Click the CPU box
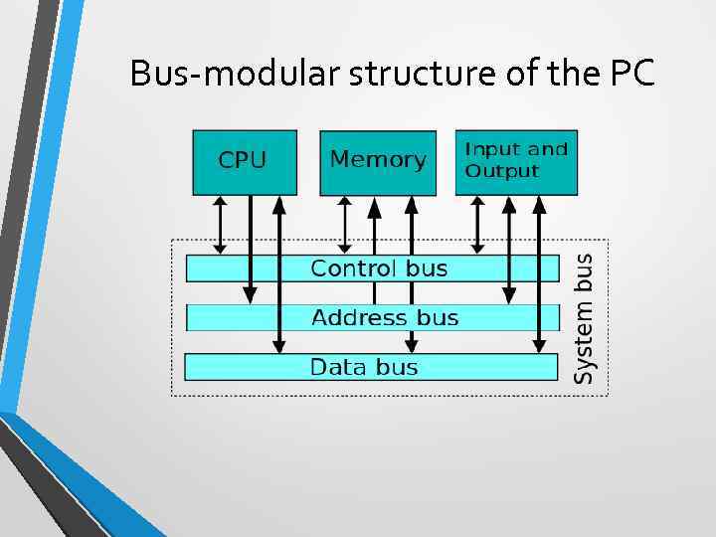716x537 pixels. coord(244,161)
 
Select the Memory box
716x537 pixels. coord(377,161)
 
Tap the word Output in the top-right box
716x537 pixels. coord(502,171)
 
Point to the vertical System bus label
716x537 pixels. coord(586,317)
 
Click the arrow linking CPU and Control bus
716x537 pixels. coord(221,225)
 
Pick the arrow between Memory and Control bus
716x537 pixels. coord(345,225)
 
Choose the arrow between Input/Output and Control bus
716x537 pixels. coord(477,225)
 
